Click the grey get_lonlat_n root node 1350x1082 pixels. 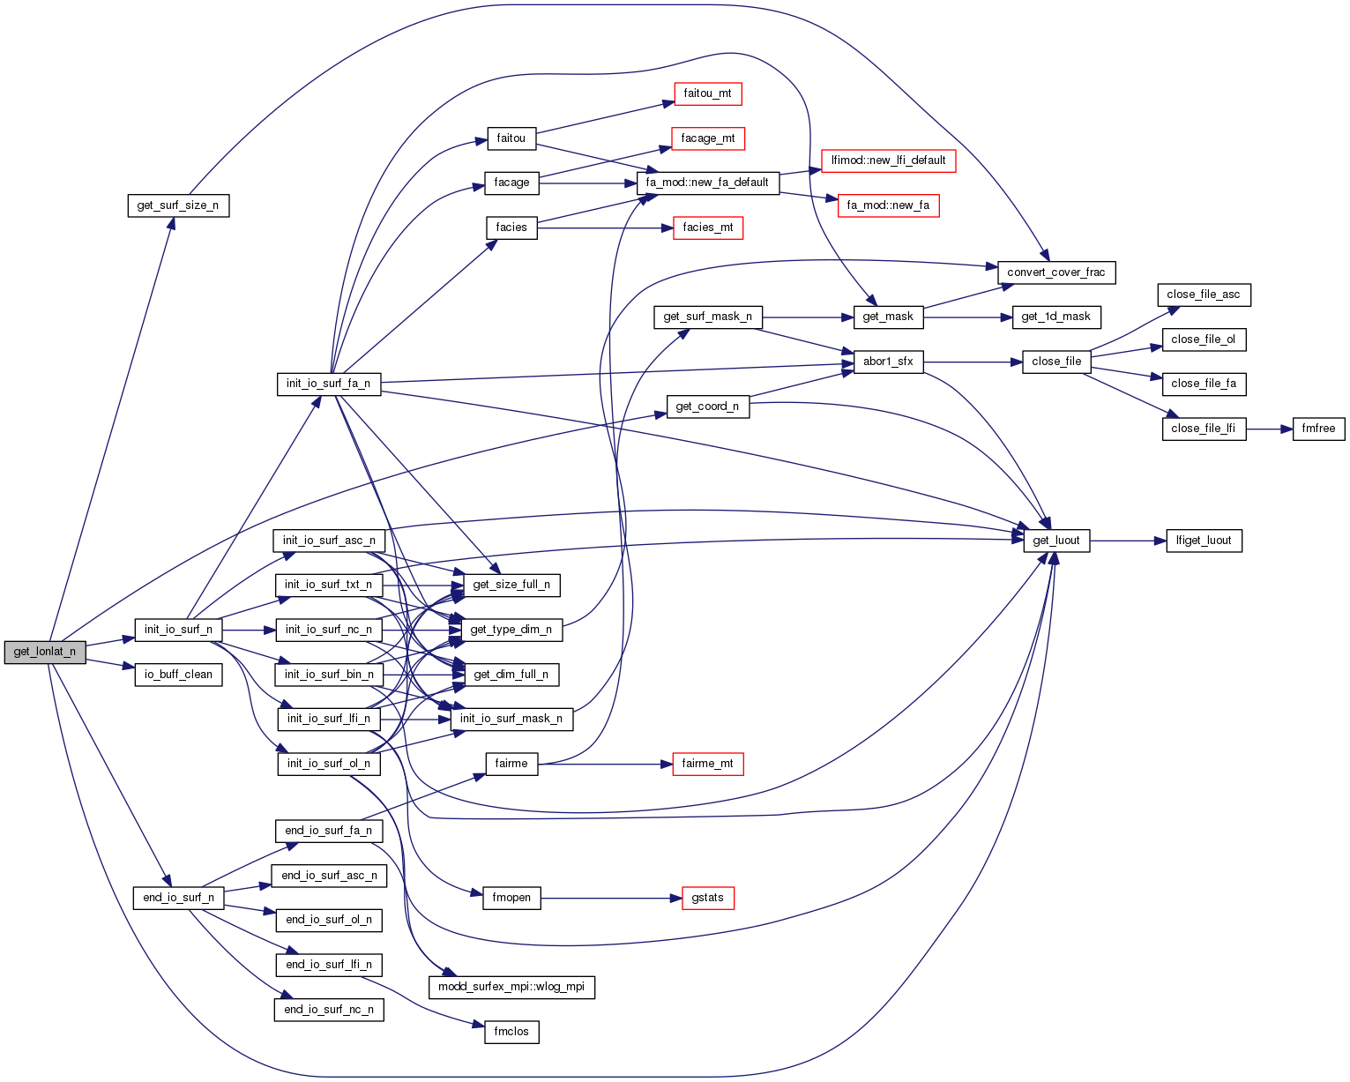coord(45,653)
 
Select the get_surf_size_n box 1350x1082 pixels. coord(178,206)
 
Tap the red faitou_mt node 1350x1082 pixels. coord(707,93)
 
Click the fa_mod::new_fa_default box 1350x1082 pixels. coord(707,183)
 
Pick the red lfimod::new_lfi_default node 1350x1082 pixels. coord(888,160)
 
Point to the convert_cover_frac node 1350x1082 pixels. coord(1055,272)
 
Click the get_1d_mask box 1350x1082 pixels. coord(1055,317)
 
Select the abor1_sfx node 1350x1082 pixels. coord(888,362)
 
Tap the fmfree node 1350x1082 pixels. coord(1319,429)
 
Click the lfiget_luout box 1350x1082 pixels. coord(1204,541)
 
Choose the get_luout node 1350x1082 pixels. coord(1056,541)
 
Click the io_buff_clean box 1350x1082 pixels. coord(178,675)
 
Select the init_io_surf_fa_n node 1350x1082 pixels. coord(329,384)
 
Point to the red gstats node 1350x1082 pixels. coord(707,898)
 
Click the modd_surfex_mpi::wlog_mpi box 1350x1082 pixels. coord(511,988)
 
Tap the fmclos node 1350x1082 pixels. coord(511,1032)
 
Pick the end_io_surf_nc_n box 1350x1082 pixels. coord(329,1010)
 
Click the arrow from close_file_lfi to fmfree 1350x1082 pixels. coord(1269,429)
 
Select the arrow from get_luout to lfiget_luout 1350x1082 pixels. coord(1128,541)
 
